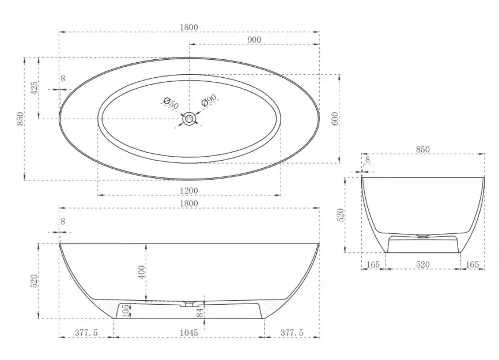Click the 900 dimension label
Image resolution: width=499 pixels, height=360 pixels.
click(254, 40)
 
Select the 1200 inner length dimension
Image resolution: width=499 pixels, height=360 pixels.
click(189, 191)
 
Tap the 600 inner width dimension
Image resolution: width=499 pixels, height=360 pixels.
click(335, 119)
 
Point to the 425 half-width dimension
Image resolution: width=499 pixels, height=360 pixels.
click(34, 88)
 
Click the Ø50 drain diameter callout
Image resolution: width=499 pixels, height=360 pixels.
click(171, 103)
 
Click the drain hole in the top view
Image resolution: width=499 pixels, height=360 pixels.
click(190, 119)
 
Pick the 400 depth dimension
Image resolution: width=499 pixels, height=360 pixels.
click(142, 272)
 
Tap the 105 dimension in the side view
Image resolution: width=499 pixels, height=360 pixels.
click(126, 310)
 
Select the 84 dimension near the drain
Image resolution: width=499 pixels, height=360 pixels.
click(200, 312)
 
